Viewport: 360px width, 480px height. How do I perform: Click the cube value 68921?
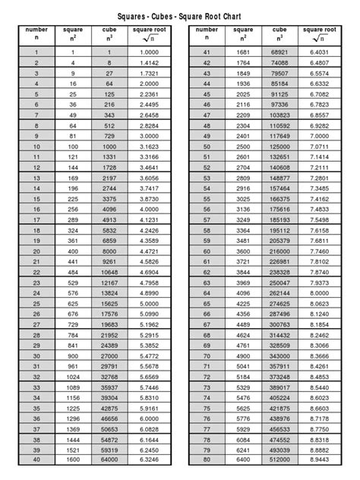pyautogui.click(x=279, y=51)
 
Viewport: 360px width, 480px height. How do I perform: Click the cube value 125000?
pyautogui.click(x=279, y=145)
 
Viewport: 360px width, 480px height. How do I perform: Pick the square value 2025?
pyautogui.click(x=242, y=93)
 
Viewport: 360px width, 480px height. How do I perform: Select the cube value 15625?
pyautogui.click(x=109, y=302)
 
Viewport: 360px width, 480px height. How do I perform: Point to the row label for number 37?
pyautogui.click(x=36, y=428)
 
